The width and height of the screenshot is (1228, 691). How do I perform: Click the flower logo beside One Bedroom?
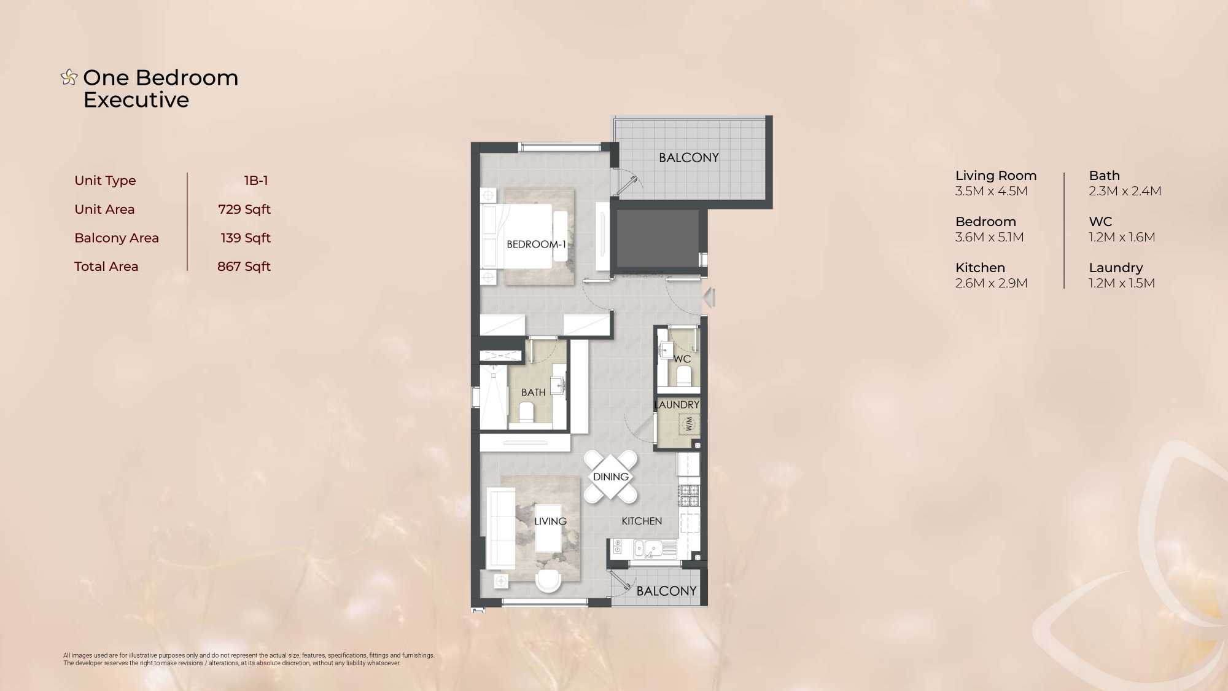pos(69,77)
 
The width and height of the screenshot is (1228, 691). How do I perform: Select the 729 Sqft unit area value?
pos(244,209)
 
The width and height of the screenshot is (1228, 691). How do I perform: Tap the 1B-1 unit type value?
pos(256,181)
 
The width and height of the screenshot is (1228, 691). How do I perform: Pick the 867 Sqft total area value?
pos(244,267)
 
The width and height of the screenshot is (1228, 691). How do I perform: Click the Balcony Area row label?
pos(117,238)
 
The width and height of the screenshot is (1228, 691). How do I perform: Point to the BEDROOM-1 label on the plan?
pos(536,244)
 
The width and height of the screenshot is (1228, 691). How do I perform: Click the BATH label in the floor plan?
pos(534,392)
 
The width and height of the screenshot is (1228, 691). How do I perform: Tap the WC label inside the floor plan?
pos(682,359)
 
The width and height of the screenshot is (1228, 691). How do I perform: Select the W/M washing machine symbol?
pos(688,424)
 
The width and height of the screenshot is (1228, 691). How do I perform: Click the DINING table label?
pos(611,477)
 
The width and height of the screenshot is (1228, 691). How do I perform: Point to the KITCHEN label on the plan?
pos(642,521)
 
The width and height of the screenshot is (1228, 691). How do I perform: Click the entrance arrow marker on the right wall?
pos(709,298)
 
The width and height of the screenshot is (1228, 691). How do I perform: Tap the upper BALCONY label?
pos(689,158)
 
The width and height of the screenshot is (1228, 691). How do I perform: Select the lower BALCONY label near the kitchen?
pos(666,591)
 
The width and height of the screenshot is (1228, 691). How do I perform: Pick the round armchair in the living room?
pos(548,580)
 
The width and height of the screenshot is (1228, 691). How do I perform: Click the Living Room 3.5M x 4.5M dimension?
pos(991,191)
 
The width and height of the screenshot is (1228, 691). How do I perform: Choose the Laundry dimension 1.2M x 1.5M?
pos(1122,283)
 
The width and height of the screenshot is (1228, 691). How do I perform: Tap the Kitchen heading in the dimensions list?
pos(980,268)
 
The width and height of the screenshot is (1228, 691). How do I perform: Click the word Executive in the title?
pos(136,100)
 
